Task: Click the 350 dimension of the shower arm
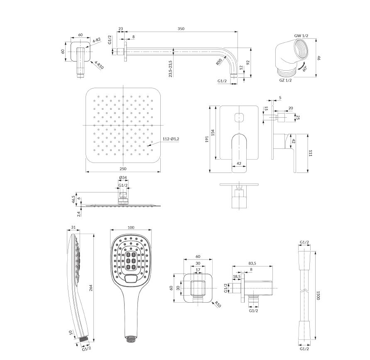tap(181, 29)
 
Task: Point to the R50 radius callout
tap(219, 62)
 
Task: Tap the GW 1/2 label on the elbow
tap(301, 36)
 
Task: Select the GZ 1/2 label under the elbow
tap(286, 80)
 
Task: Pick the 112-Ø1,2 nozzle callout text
tap(171, 139)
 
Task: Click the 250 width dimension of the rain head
tap(123, 169)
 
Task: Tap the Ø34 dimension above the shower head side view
tap(123, 178)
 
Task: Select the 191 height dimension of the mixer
tap(207, 139)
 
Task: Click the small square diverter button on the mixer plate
tap(239, 117)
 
